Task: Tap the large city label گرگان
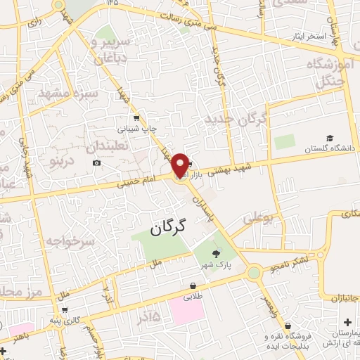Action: click(x=171, y=226)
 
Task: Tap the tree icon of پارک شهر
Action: click(x=216, y=255)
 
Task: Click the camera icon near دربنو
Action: click(x=96, y=163)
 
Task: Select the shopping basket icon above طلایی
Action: click(x=193, y=286)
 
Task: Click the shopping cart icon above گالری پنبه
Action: click(x=65, y=309)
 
